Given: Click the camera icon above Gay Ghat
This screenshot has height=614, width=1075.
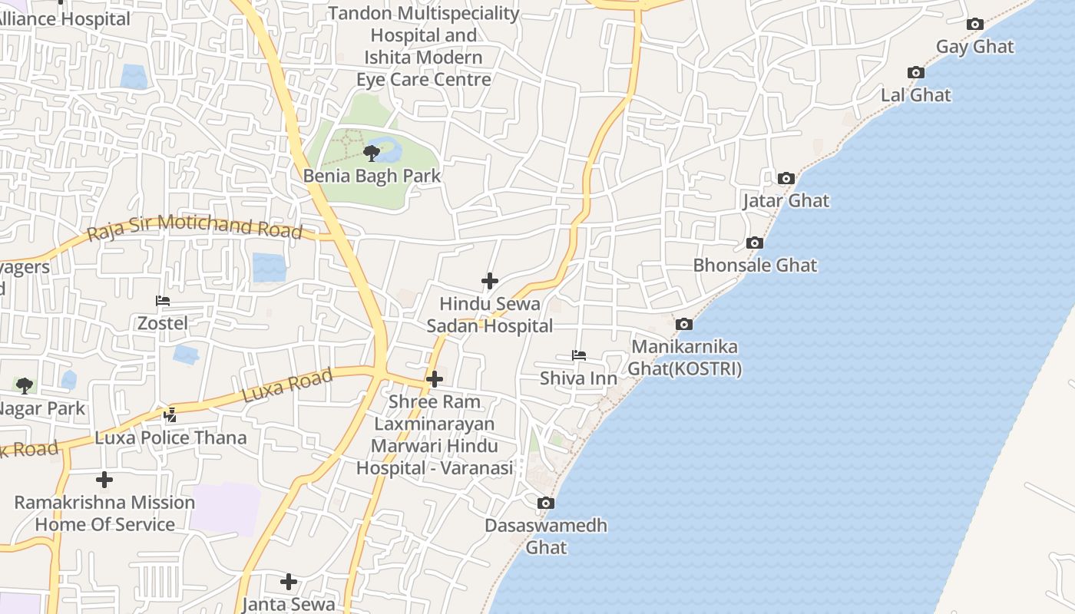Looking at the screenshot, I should point(975,25).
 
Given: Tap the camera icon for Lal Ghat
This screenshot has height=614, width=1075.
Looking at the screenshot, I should point(916,73).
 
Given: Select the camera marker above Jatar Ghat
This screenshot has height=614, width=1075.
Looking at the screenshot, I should point(786,179).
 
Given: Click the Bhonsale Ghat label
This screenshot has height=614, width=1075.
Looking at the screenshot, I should point(755,266).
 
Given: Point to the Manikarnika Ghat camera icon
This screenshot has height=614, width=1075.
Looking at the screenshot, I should point(683,325).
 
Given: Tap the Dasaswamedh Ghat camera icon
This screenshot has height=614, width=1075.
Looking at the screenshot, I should point(546,503).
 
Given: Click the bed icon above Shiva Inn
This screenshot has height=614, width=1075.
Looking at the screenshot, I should point(579,355).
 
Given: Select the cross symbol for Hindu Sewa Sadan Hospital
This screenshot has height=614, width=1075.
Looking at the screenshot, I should point(489,281).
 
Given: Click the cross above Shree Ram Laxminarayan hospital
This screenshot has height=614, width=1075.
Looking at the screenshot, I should point(435,379).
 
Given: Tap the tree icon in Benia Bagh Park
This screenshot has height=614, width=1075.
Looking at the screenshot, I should point(372,153).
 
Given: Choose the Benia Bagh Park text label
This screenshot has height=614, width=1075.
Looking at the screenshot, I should point(372,176).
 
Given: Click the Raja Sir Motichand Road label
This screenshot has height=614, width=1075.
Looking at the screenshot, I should point(194,227).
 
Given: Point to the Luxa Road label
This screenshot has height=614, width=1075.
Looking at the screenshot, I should point(287,385).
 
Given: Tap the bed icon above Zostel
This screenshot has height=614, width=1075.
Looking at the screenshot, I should point(163,300).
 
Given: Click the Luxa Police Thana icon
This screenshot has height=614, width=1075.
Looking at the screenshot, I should point(170,415).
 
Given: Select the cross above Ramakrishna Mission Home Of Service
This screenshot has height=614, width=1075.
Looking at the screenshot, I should point(104,480).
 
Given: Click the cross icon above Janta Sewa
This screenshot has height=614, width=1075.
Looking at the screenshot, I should point(289,582).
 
